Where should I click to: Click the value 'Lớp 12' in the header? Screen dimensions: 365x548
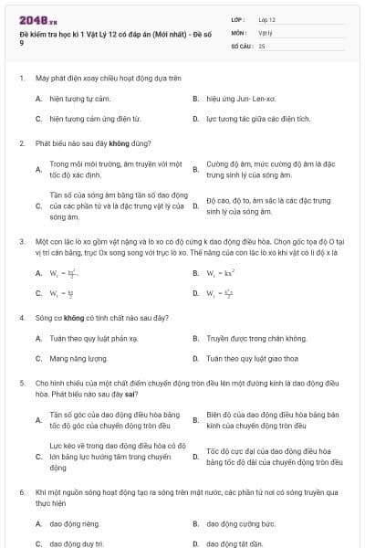click(x=267, y=19)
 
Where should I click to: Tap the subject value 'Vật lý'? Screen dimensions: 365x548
click(x=266, y=32)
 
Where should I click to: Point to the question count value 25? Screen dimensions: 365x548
click(x=262, y=45)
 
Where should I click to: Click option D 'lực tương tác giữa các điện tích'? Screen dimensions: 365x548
click(x=258, y=119)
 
